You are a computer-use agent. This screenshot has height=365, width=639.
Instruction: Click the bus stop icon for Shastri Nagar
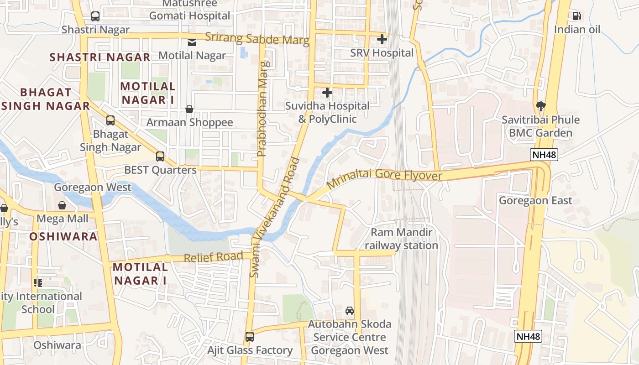tap(95, 16)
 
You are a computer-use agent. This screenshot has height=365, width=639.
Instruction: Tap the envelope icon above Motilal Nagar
tap(192, 42)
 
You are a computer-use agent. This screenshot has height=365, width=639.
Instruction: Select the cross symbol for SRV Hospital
tap(382, 39)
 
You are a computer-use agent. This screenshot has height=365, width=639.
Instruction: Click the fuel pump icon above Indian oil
tap(577, 16)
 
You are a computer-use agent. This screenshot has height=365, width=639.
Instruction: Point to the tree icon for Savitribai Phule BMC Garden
tap(541, 106)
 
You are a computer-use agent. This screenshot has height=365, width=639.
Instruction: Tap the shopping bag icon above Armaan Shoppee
tap(189, 109)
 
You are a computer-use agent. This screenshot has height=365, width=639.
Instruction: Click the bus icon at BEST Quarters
tap(160, 156)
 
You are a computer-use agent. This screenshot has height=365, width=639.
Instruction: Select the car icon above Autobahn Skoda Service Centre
tap(350, 311)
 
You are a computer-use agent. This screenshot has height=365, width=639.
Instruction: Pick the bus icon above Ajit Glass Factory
tap(249, 337)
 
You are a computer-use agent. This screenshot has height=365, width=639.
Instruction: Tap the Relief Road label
tap(213, 257)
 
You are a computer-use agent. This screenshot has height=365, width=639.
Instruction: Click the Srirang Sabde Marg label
tap(257, 39)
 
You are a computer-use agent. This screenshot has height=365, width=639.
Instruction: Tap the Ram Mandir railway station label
tap(401, 239)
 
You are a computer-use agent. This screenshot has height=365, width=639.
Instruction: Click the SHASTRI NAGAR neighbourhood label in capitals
tap(100, 57)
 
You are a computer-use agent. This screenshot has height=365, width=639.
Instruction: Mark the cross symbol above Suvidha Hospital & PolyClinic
tap(327, 93)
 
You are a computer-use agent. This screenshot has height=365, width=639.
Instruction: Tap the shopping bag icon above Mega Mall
tap(62, 206)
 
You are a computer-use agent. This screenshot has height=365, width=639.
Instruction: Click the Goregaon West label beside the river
tap(92, 188)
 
